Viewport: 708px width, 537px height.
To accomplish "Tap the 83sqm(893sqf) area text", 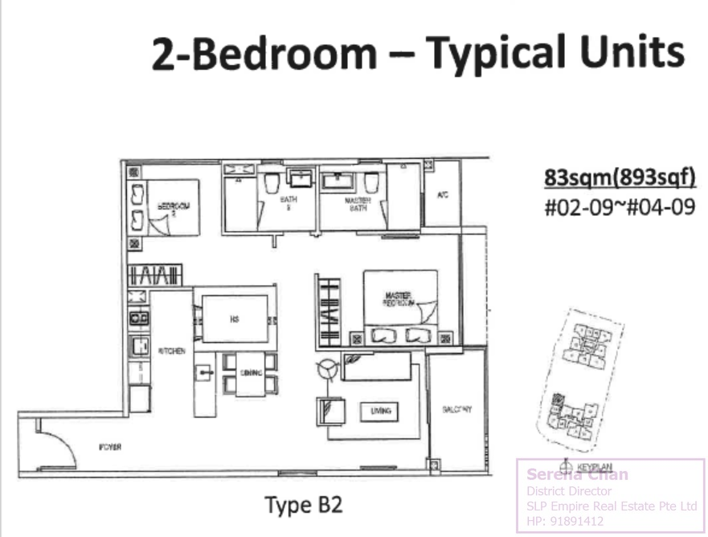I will (x=619, y=177).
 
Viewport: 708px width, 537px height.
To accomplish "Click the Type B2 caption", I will (x=304, y=504).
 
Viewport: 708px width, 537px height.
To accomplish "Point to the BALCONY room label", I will (x=456, y=409).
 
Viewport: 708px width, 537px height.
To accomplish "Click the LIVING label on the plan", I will (x=380, y=411).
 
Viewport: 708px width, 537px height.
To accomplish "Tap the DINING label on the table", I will (x=251, y=373).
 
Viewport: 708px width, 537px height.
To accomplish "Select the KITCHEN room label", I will (x=171, y=351).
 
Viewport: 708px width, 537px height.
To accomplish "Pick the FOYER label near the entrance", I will (x=109, y=447).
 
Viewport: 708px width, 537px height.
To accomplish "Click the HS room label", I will (x=235, y=319).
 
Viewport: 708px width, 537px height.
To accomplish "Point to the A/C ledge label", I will (x=441, y=195).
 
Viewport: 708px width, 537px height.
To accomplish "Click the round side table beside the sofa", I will (x=326, y=368).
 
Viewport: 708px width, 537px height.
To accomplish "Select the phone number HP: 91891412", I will (x=565, y=521).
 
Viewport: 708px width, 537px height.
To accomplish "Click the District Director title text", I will (x=569, y=491).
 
